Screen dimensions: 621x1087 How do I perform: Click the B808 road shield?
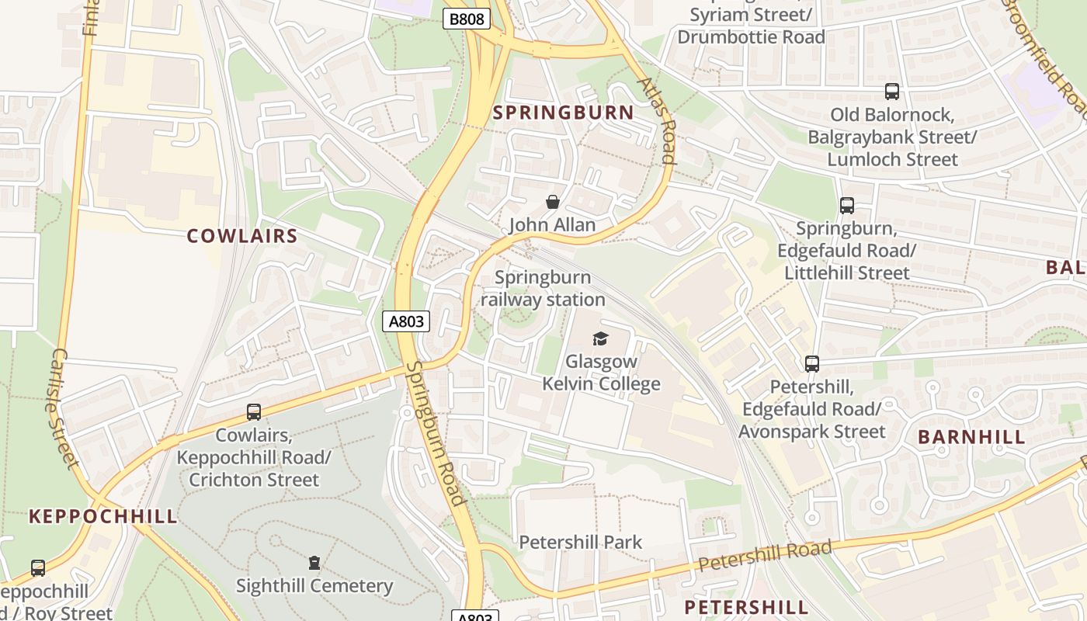coord(467,19)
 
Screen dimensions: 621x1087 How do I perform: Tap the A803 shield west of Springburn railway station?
coord(405,321)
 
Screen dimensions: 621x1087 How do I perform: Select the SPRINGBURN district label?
coord(564,113)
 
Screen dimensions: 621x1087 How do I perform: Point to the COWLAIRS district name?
coord(242,236)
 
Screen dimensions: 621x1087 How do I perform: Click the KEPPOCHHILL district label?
coord(103,516)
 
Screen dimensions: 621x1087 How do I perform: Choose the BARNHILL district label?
coord(971,436)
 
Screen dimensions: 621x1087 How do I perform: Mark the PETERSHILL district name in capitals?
coord(745,606)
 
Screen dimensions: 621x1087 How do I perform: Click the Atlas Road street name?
coord(658,120)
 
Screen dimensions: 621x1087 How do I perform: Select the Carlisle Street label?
coord(61,408)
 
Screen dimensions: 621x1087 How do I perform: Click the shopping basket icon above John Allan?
coord(552,203)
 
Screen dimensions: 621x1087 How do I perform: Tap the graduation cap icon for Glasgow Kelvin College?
coord(600,338)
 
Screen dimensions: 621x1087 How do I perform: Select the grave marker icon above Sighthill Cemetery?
coord(314,562)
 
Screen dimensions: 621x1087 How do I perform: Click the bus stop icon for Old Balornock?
coord(892,92)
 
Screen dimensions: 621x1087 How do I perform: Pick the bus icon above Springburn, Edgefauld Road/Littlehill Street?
coord(847,206)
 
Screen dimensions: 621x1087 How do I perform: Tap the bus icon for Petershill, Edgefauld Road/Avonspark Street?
coord(812,363)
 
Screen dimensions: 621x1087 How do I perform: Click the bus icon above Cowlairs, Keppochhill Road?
coord(254,412)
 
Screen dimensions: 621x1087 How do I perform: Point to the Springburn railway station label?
coord(543,288)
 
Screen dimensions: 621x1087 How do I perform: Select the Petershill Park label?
coord(580,542)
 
